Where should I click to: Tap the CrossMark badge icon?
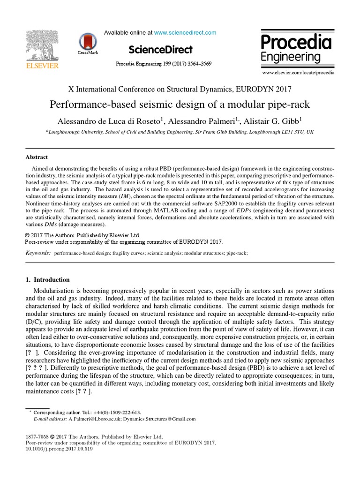coord(88,42)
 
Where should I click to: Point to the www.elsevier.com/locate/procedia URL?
coord(298,73)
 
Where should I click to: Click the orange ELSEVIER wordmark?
coord(42,66)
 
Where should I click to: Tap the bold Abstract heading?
coord(36,157)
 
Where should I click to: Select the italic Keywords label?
coord(37,253)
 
